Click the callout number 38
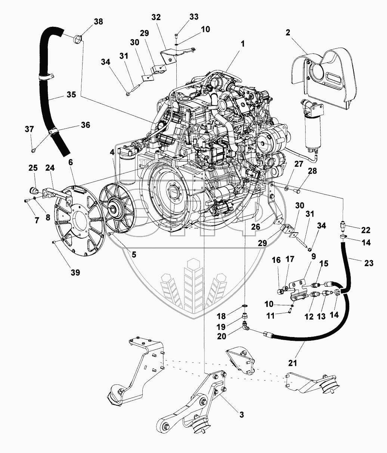98,22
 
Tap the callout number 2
288,32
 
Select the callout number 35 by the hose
71,95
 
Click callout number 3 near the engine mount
242,415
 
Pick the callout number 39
75,273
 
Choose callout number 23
368,263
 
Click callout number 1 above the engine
242,44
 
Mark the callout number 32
156,17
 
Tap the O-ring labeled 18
245,306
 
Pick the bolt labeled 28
298,191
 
